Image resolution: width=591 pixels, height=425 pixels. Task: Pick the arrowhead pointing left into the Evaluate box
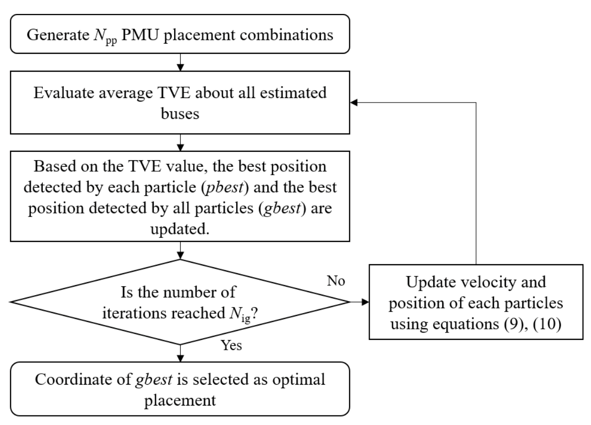coord(354,102)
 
